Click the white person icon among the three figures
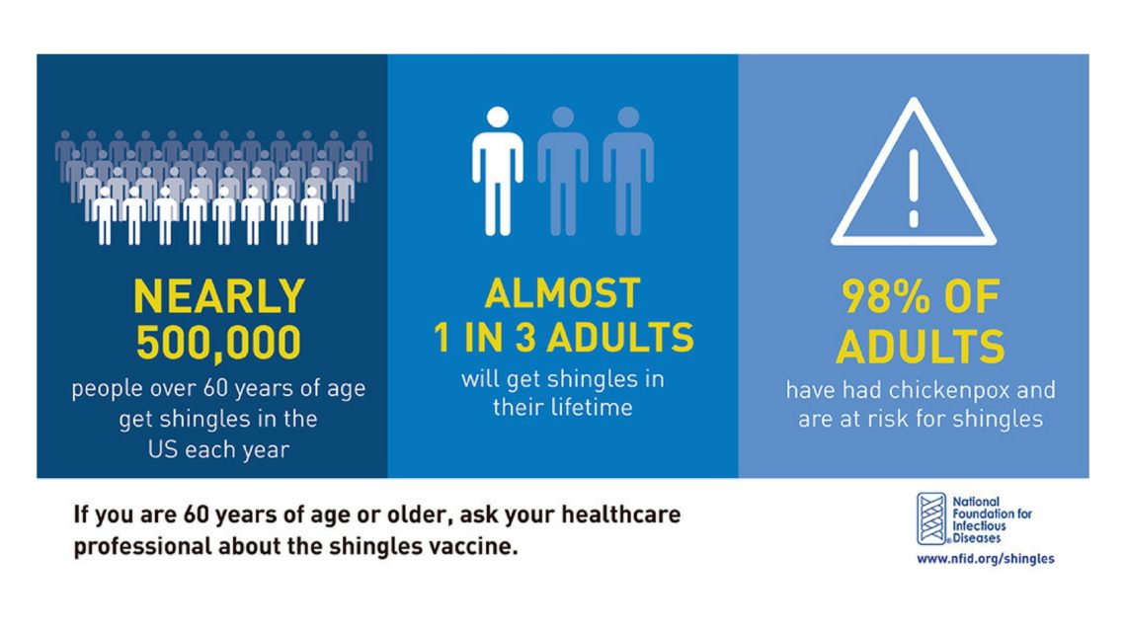(497, 171)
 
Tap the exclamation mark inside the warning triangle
(914, 188)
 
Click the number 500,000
(218, 343)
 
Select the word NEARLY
(219, 295)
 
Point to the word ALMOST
(562, 293)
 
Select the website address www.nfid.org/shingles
(986, 558)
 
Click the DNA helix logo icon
(931, 518)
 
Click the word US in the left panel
(163, 449)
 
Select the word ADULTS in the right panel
(920, 347)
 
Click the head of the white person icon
(497, 118)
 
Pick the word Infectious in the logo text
(979, 526)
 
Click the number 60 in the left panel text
(215, 388)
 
